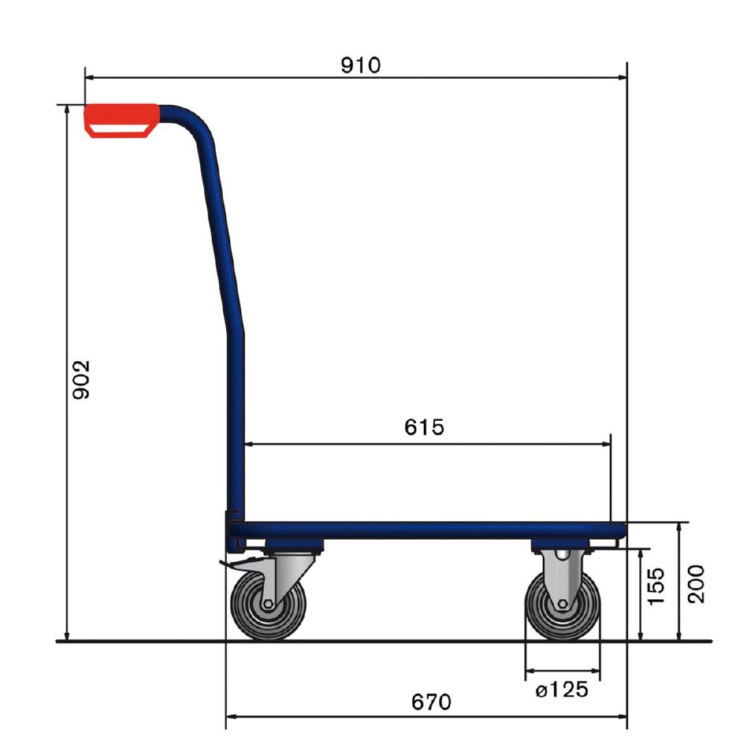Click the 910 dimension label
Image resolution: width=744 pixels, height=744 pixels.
[360, 65]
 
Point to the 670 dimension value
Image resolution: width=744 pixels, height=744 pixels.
[431, 702]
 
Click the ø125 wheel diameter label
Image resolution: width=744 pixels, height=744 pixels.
[562, 690]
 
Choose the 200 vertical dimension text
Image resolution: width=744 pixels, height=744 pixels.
[695, 583]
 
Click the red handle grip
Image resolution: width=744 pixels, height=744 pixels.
[121, 120]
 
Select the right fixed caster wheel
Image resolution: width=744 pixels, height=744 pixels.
[562, 604]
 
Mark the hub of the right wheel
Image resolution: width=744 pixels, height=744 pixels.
[562, 604]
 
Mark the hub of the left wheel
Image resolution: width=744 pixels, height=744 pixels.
[269, 603]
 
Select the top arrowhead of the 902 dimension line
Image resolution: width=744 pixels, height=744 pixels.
[68, 110]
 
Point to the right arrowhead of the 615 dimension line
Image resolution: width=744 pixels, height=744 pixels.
[606, 444]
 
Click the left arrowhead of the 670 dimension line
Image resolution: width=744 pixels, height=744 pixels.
[231, 716]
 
